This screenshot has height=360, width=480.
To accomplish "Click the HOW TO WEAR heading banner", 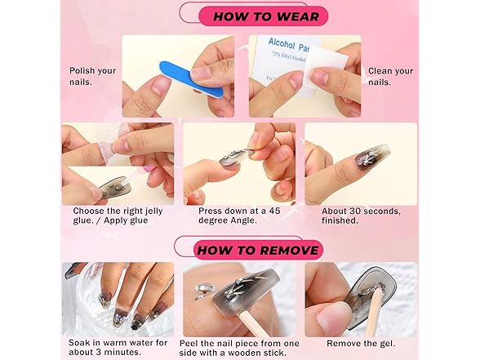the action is [x=263, y=16].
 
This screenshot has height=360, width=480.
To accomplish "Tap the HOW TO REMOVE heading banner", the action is [x=258, y=250].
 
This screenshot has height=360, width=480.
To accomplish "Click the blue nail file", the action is [x=190, y=79].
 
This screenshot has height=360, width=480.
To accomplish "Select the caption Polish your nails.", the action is [x=92, y=76].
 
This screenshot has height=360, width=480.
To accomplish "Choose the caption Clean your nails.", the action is [x=390, y=77].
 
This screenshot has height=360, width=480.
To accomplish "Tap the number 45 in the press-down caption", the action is [x=274, y=211].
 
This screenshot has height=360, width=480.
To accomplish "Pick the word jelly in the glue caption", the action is [x=153, y=211].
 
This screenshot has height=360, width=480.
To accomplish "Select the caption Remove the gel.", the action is [x=361, y=344].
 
